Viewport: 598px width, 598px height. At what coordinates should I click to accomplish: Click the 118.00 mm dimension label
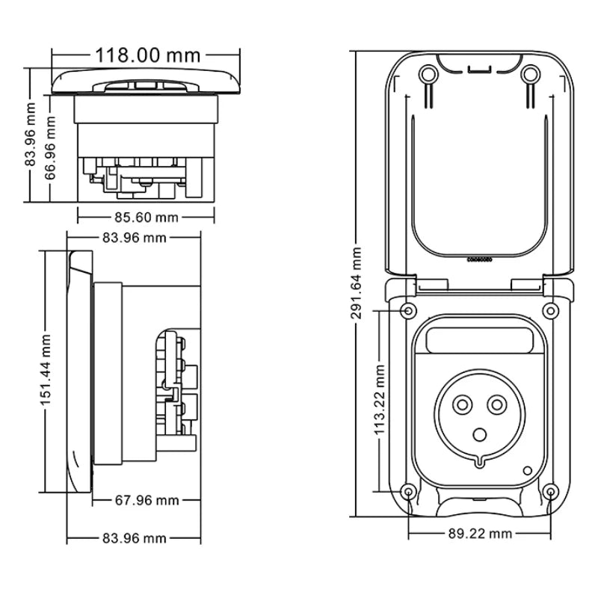coord(147,55)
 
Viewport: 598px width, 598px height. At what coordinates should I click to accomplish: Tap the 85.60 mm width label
coord(147,218)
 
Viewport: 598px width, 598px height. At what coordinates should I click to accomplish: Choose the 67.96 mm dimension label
coord(147,500)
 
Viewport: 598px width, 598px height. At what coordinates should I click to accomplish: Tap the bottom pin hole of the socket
coord(478,434)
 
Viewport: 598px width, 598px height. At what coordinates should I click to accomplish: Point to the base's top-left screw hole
coord(408,310)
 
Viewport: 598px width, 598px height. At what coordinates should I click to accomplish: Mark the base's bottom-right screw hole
coord(549,491)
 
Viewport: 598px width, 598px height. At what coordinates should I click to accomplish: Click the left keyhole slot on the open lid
coord(427,75)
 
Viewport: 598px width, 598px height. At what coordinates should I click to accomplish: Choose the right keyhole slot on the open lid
coord(530,75)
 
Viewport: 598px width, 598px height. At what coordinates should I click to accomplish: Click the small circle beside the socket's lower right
coord(528,471)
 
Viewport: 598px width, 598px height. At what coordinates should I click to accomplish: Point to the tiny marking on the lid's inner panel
coord(478,262)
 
